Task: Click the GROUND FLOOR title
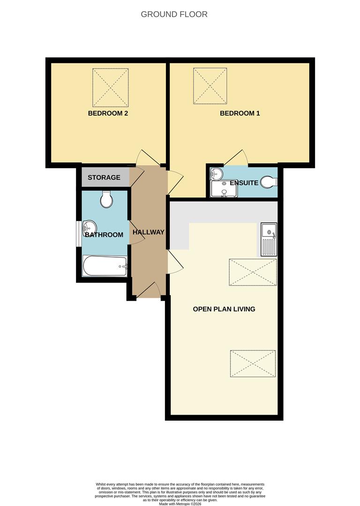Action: click(x=174, y=15)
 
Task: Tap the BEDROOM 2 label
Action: click(x=108, y=113)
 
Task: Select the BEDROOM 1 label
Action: click(x=240, y=113)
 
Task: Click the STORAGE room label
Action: click(x=104, y=178)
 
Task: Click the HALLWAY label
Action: click(x=149, y=232)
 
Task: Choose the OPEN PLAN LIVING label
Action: click(x=224, y=309)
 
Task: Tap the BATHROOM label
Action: click(x=104, y=235)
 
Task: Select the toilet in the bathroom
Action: click(x=106, y=200)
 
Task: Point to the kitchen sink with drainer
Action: click(x=269, y=239)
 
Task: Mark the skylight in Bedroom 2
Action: click(x=110, y=88)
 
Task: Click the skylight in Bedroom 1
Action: click(x=210, y=86)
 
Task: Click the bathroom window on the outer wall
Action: click(x=79, y=232)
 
